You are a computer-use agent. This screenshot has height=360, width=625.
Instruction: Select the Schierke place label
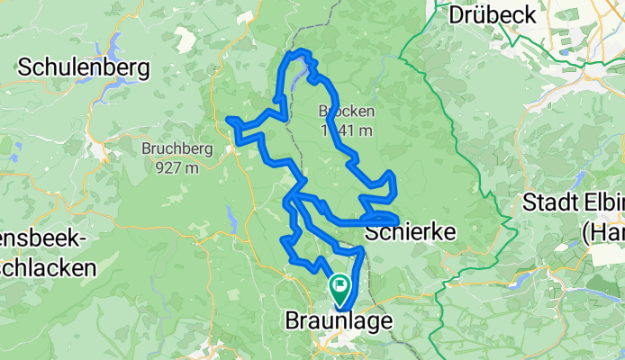[x=410, y=233]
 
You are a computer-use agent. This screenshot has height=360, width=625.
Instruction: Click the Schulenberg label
[x=84, y=67]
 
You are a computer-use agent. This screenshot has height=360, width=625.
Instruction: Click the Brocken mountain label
[x=340, y=112]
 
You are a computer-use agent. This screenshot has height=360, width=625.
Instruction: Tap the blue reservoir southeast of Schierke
[x=521, y=281]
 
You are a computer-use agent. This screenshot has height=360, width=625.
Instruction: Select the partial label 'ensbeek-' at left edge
[x=43, y=241]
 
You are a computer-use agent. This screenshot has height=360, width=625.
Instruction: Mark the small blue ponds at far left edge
[x=7, y=144]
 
